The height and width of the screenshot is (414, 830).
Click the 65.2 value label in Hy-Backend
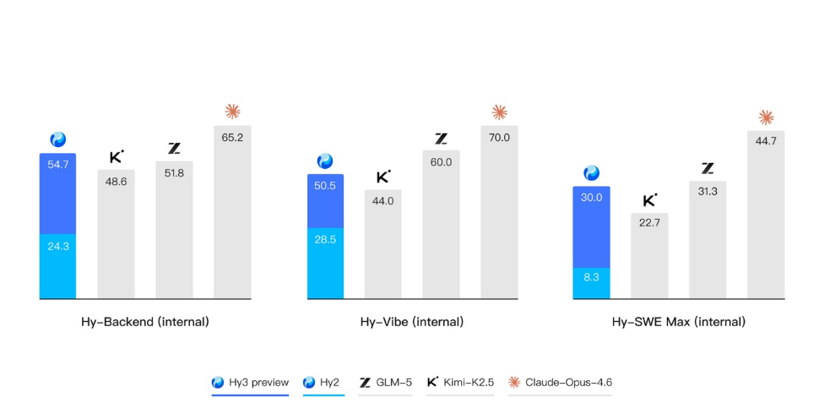(232, 137)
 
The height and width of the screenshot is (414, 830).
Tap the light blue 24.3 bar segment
(57, 266)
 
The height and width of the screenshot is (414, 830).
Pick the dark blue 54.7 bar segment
(57, 193)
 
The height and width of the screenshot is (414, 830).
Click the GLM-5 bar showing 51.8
(174, 230)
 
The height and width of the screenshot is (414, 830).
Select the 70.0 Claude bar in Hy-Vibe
(499, 212)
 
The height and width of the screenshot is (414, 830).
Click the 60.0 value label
(441, 162)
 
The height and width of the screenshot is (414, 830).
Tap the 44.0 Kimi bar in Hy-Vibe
(383, 244)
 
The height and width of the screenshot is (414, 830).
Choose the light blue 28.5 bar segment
(325, 263)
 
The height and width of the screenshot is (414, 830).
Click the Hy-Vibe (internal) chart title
(412, 322)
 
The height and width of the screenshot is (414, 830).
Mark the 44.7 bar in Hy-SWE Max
(766, 215)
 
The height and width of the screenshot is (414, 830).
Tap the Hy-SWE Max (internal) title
(679, 322)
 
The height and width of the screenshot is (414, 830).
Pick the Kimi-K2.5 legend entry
(461, 383)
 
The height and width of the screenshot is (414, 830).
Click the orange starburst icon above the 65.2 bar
(232, 111)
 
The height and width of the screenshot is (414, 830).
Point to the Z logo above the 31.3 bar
(708, 168)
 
